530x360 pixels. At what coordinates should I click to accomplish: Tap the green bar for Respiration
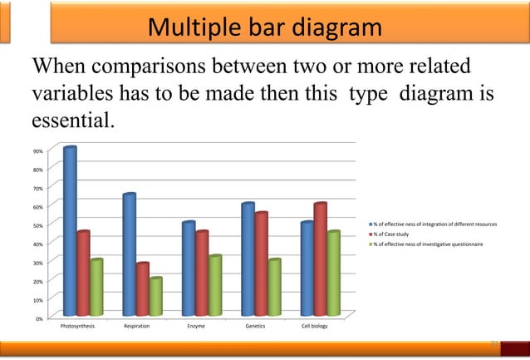155,296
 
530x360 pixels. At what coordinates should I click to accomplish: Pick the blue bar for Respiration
130,254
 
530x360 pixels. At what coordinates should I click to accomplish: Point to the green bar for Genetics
274,287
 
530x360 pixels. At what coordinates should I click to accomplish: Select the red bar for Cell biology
321,259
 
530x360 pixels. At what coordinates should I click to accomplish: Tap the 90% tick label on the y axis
39,151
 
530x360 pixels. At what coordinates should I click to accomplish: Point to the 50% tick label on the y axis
39,225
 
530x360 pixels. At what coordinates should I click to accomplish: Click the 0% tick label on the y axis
40,318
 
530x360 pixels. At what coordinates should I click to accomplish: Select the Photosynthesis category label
77,327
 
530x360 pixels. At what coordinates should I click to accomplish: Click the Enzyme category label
195,327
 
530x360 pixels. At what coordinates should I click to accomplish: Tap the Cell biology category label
314,327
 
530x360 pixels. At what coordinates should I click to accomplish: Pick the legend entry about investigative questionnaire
432,244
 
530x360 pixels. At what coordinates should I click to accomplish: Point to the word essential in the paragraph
71,122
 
